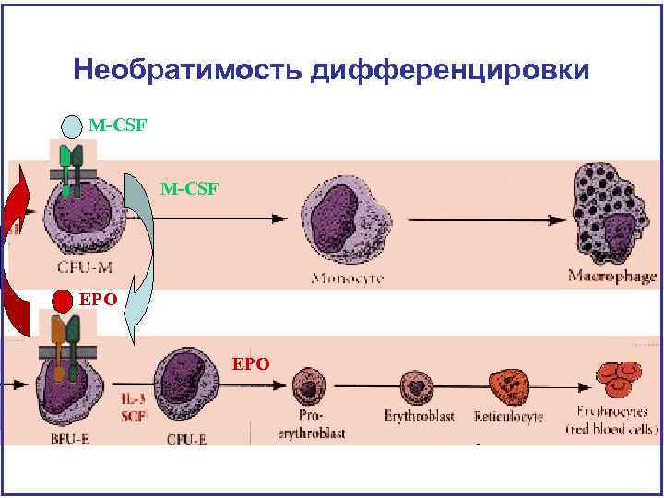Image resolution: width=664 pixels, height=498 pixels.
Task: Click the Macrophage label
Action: click(x=611, y=276)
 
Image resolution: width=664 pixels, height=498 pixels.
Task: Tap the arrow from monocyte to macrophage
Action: click(x=489, y=220)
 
